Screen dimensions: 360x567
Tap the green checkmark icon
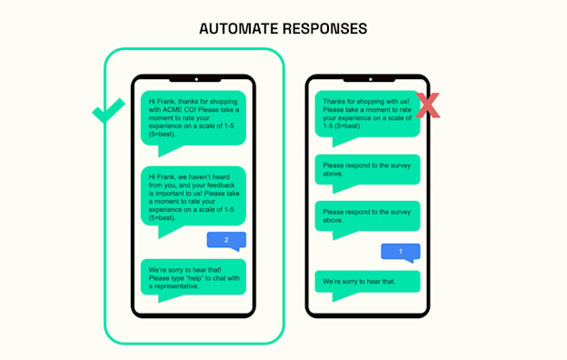tap(109, 114)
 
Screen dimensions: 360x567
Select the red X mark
tap(426, 105)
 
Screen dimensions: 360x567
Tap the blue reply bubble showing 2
tap(225, 239)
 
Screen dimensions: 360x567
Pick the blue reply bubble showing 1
tap(400, 251)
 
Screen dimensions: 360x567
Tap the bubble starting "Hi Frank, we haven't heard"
tap(193, 195)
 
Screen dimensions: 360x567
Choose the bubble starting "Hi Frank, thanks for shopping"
tap(193, 117)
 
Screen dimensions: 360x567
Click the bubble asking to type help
tap(193, 277)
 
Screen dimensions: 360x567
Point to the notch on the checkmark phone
tap(194, 79)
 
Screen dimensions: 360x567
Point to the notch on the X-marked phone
tap(367, 79)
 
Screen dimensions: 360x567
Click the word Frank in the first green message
tap(161, 100)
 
